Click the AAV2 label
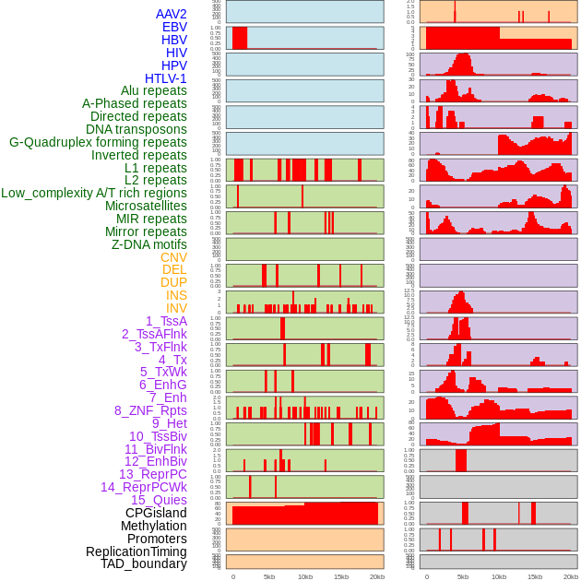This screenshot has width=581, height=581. point(171,14)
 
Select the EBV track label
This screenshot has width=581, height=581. point(173,27)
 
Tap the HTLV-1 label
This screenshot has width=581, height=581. point(165,78)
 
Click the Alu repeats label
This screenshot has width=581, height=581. point(153,90)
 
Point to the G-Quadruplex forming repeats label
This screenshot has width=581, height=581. point(98,142)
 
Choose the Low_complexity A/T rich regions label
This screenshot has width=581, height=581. point(94,193)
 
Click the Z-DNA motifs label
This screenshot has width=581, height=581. point(148,244)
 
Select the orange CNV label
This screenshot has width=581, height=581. point(173,257)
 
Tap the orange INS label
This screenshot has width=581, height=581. point(176,295)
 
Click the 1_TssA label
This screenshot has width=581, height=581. point(166,321)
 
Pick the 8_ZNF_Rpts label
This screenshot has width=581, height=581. point(150,410)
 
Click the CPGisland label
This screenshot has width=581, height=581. point(156,513)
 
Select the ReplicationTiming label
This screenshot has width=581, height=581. point(136,551)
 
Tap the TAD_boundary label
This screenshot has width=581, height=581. point(143,563)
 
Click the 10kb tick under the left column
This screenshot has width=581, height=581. point(305,576)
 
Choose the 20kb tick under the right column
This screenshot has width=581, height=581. point(571,576)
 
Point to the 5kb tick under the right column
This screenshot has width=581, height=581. point(463,576)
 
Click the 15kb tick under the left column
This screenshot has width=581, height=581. point(341,576)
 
